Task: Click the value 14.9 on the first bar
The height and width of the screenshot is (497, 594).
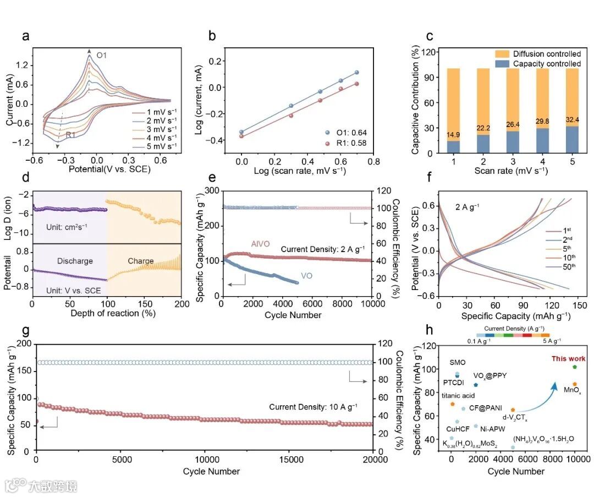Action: tap(453, 135)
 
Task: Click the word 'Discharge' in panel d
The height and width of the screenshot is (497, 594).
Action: tap(75, 261)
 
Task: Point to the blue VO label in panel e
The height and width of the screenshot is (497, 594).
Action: tap(307, 276)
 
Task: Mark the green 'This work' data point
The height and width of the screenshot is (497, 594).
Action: tap(574, 367)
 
